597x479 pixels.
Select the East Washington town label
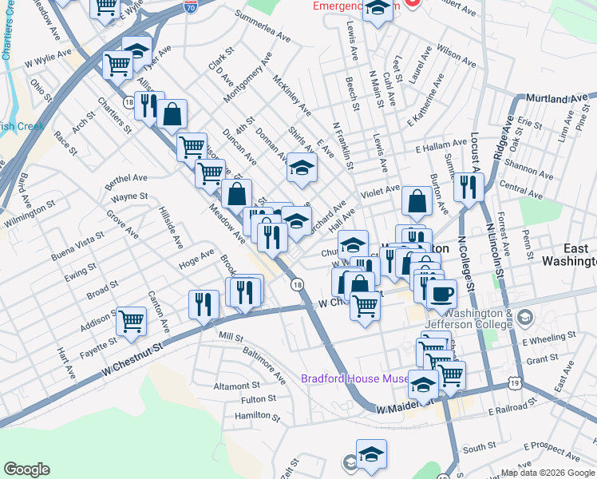point(568,255)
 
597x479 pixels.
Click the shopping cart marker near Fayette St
point(131,321)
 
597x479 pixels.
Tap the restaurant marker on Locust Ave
point(468,187)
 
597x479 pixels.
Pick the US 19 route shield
point(515,384)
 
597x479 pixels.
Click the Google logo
point(26,469)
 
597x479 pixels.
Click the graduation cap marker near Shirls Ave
point(302,168)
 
